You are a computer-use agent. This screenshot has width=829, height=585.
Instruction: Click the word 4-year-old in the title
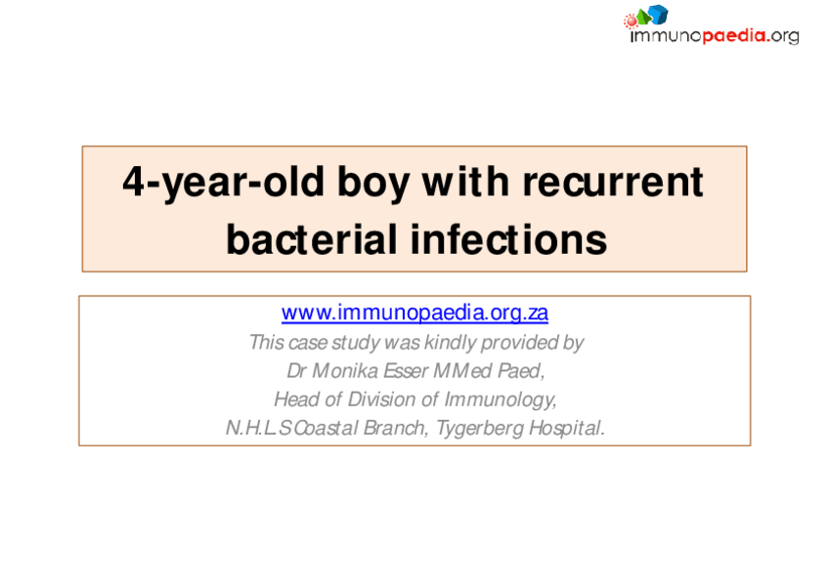(223, 183)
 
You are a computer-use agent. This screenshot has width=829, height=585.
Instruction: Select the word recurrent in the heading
(613, 183)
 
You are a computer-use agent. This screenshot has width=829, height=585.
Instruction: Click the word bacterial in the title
(312, 239)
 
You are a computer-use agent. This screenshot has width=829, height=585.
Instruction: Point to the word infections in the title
(508, 239)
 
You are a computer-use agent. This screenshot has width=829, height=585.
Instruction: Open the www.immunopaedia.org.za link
(414, 313)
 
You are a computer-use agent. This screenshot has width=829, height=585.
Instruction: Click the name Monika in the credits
(345, 371)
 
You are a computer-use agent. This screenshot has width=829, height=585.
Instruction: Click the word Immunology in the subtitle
(500, 399)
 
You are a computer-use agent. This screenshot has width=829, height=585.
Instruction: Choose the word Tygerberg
(480, 428)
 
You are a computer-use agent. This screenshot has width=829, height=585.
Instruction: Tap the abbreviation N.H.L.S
(258, 428)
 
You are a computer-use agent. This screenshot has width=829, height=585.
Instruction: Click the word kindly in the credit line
(451, 342)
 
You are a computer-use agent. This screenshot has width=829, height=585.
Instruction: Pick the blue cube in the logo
(658, 15)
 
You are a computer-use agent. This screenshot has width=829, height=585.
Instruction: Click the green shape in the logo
(643, 17)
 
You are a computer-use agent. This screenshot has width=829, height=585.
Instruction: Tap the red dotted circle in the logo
(631, 21)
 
